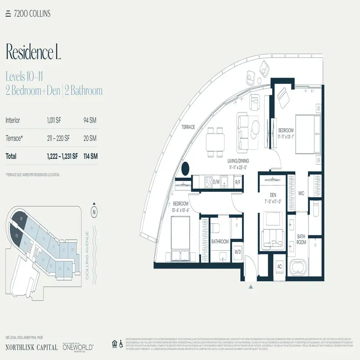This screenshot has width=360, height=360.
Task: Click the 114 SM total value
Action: click(x=90, y=157)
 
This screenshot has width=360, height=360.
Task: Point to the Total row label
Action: click(x=11, y=157)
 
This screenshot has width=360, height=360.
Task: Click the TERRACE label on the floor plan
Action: click(x=188, y=127)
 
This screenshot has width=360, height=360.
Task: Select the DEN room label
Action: click(x=273, y=195)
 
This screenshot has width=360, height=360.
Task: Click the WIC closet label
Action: click(x=301, y=193)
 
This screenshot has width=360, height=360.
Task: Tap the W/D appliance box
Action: click(x=238, y=252)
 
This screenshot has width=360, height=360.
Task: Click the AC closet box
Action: click(x=279, y=266)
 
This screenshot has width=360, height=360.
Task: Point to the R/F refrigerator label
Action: click(x=238, y=182)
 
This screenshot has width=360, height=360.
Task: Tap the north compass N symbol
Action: click(x=94, y=211)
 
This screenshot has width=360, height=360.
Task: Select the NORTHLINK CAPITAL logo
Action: click(x=31, y=347)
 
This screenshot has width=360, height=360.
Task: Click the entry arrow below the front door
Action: click(x=251, y=285)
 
